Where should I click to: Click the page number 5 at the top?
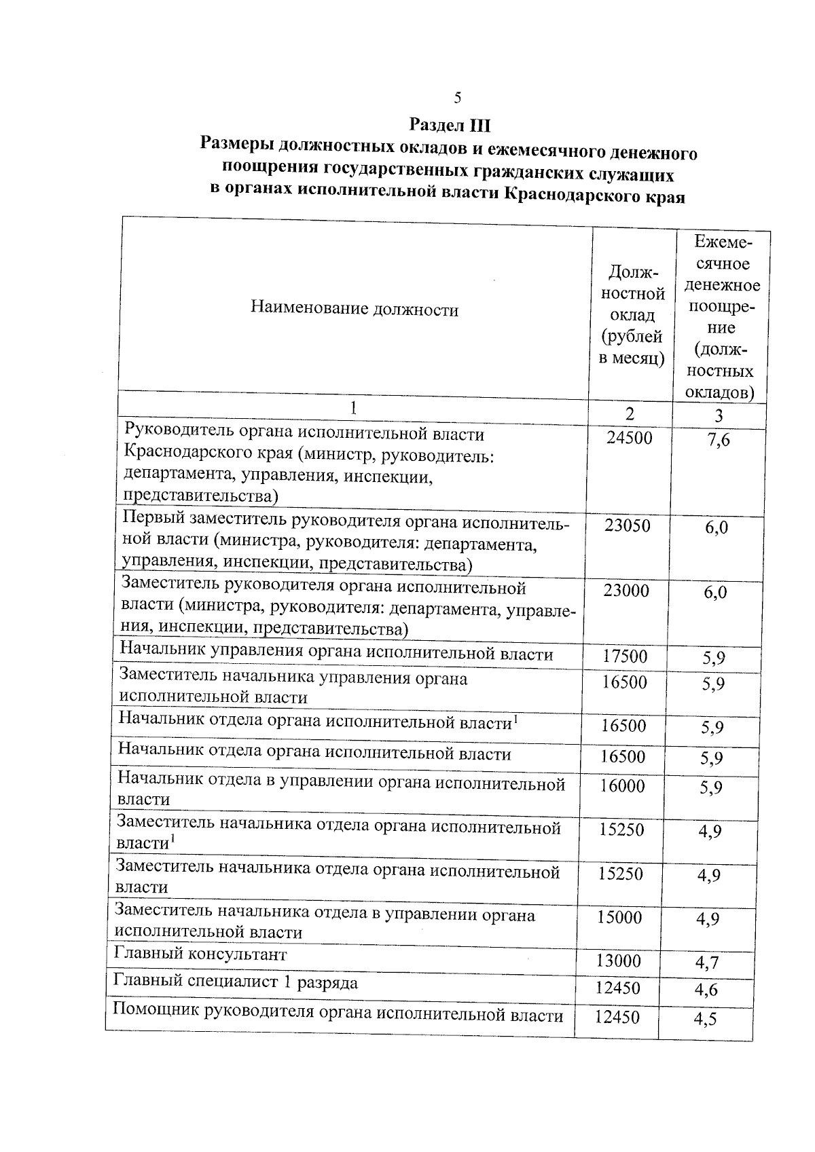pyautogui.click(x=457, y=98)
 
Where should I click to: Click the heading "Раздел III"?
pyautogui.click(x=450, y=126)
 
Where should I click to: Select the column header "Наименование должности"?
pyautogui.click(x=355, y=310)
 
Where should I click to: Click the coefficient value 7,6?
pyautogui.click(x=718, y=440)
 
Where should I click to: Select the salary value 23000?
pyautogui.click(x=626, y=591)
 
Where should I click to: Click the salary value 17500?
pyautogui.click(x=625, y=656)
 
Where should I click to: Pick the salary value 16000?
pyautogui.click(x=622, y=786)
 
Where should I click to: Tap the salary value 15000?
pyautogui.click(x=619, y=918)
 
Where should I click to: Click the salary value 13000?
pyautogui.click(x=618, y=961)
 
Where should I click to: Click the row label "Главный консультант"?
pyautogui.click(x=200, y=954)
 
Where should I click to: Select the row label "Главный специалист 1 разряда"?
pyautogui.click(x=236, y=982)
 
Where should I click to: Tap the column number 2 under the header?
pyautogui.click(x=630, y=413)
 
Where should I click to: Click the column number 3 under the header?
pyautogui.click(x=719, y=415)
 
